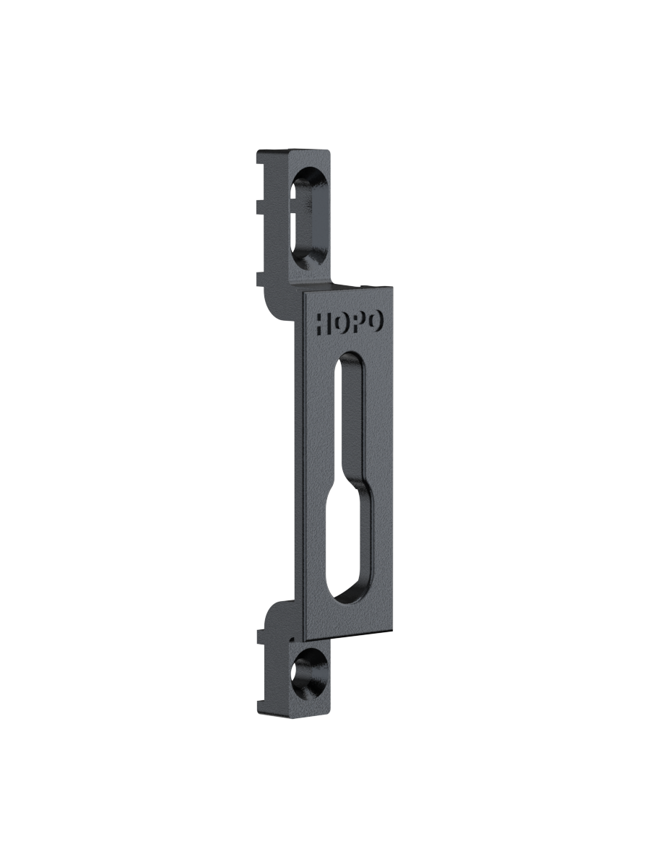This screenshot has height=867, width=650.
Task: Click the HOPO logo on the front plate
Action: coord(350,323)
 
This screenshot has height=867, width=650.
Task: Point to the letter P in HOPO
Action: coord(357,322)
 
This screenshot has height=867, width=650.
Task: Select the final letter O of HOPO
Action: coord(375,322)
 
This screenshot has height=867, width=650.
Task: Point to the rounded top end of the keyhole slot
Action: coord(350,357)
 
